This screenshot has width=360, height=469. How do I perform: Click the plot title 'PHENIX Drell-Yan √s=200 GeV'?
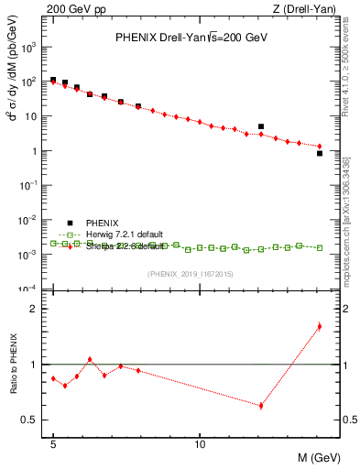tap(190, 38)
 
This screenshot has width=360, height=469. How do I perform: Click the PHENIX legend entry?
tap(103, 223)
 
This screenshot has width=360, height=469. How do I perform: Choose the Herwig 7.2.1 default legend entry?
tap(125, 234)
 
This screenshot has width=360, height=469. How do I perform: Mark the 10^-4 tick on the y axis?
tap(34, 289)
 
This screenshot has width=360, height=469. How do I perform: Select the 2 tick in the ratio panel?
tap(38, 309)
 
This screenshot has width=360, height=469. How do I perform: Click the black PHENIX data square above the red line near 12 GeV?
tap(261, 126)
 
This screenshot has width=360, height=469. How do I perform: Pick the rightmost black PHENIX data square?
tap(319, 153)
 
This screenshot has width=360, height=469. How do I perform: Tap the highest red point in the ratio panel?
tap(319, 326)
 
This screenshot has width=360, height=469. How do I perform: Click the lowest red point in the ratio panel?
tap(261, 405)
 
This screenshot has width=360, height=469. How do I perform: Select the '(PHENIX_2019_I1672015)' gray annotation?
tap(190, 275)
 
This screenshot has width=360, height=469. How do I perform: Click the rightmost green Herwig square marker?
tap(319, 247)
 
